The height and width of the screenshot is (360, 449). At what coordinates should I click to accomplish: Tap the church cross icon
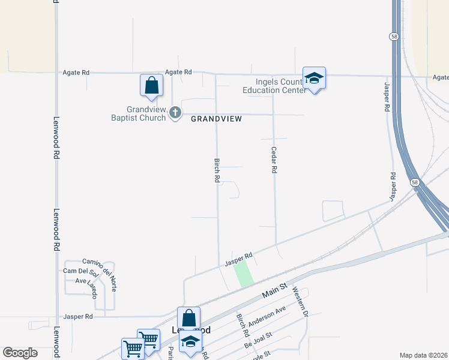[x=175, y=112]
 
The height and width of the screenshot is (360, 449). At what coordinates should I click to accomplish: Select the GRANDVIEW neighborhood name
[x=216, y=119]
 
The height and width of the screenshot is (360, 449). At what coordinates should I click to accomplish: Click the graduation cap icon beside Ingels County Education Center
[x=314, y=79]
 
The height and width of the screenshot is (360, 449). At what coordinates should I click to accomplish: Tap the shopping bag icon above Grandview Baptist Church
[x=152, y=86]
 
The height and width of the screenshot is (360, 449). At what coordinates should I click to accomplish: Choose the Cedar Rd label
[x=274, y=160]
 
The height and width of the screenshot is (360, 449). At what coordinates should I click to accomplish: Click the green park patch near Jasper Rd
[x=243, y=274]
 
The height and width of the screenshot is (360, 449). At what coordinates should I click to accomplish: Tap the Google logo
[x=20, y=353]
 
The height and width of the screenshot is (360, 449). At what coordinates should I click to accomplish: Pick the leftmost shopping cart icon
[x=133, y=349]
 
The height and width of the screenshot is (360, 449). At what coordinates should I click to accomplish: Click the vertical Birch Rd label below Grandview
[x=217, y=170]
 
